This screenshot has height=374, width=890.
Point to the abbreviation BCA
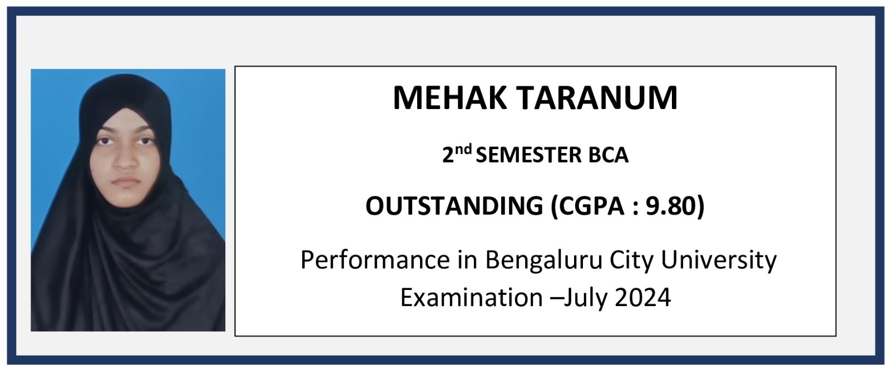pos(609,155)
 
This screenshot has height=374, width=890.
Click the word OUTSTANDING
pos(454,206)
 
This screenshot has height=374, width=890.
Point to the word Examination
pos(471,297)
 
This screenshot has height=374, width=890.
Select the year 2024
pos(643,297)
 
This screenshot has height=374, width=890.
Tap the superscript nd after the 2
pos(464,150)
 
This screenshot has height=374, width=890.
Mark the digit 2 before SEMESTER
pos(448,155)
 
